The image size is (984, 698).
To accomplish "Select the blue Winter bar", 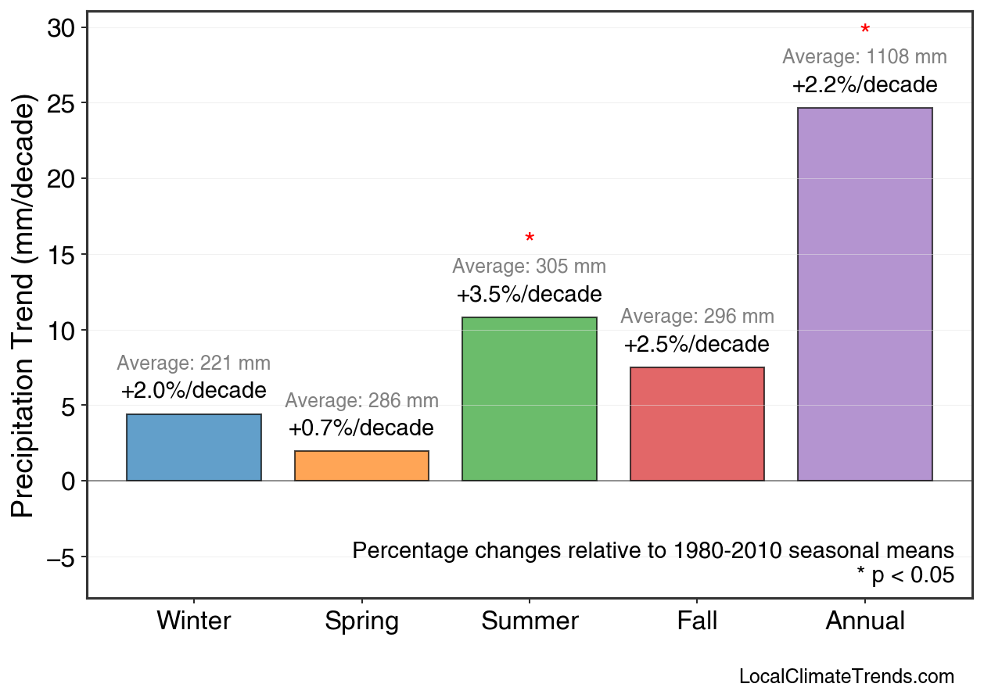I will pyautogui.click(x=194, y=448).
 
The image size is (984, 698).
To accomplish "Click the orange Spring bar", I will pyautogui.click(x=361, y=466).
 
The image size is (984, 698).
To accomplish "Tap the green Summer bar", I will pyautogui.click(x=530, y=399).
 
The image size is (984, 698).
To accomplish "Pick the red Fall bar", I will pyautogui.click(x=697, y=424).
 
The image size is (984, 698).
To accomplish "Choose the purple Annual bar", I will pyautogui.click(x=864, y=294).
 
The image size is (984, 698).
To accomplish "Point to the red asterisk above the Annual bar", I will pyautogui.click(x=864, y=30).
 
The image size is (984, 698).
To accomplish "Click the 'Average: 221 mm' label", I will pyautogui.click(x=194, y=363).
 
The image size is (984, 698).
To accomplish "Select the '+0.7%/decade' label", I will pyautogui.click(x=361, y=428).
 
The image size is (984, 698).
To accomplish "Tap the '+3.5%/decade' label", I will pyautogui.click(x=530, y=295).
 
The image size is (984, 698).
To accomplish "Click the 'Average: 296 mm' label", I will pyautogui.click(x=697, y=317).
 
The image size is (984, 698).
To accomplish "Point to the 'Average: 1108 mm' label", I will pyautogui.click(x=864, y=57).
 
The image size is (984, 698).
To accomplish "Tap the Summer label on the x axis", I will pyautogui.click(x=530, y=621).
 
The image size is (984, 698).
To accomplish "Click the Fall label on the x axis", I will pyautogui.click(x=697, y=621).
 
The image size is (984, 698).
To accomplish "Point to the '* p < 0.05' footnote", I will pyautogui.click(x=905, y=575).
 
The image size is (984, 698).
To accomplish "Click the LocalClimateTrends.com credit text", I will pyautogui.click(x=846, y=676).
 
